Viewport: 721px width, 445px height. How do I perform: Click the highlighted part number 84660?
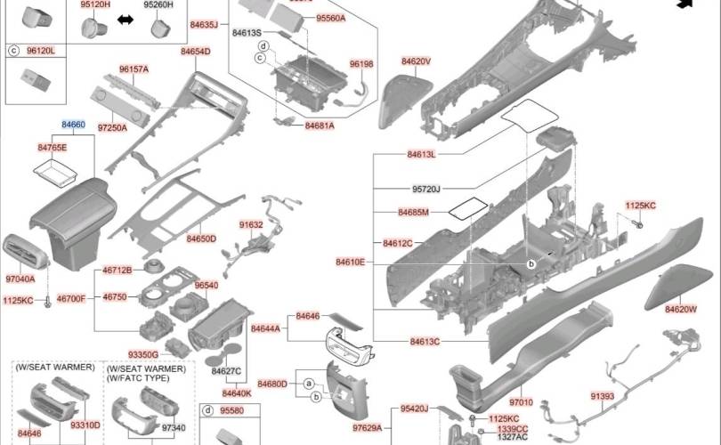(73, 125)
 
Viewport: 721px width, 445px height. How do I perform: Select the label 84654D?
(196, 52)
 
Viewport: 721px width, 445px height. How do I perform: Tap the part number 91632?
(251, 225)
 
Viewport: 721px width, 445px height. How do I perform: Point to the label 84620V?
(417, 61)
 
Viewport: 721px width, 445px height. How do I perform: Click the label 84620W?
(681, 310)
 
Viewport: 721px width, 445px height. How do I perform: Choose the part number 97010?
(521, 402)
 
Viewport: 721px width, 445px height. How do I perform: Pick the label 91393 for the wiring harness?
(603, 396)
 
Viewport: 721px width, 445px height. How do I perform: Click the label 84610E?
(351, 262)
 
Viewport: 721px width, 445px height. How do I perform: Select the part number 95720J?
(426, 189)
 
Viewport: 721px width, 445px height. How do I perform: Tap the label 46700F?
(71, 299)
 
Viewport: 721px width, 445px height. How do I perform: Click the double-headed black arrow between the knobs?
(126, 20)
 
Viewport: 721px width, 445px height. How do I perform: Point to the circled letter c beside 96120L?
(13, 51)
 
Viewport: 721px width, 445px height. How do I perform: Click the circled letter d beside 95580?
(208, 410)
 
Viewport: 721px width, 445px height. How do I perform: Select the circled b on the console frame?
(531, 264)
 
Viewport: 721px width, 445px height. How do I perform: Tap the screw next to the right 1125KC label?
(637, 224)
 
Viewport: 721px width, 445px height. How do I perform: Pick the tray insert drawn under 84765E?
(55, 173)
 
